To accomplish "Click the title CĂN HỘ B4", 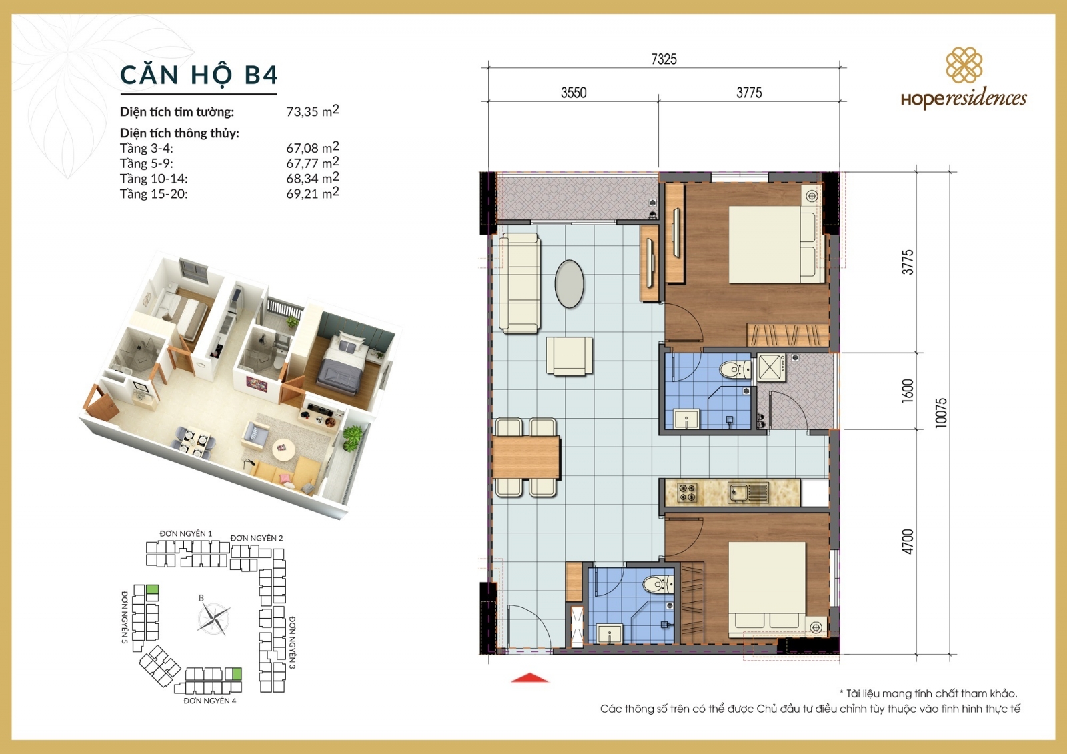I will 198,75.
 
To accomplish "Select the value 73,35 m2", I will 312,111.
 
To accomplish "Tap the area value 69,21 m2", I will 312,193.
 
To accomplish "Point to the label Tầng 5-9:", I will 146,163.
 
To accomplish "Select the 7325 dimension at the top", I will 664,59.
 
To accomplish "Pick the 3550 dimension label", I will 574,93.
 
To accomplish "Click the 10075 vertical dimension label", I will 941,412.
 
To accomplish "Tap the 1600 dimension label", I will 908,390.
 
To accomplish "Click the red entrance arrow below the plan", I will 530,678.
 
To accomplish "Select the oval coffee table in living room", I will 570,283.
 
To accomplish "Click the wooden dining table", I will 526,457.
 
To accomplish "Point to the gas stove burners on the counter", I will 688,493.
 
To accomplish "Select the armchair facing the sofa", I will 570,355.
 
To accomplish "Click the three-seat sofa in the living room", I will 519,283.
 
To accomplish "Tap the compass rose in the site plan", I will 213,619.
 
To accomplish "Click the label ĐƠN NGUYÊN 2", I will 257,538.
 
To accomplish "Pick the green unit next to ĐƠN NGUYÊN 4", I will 233,673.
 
